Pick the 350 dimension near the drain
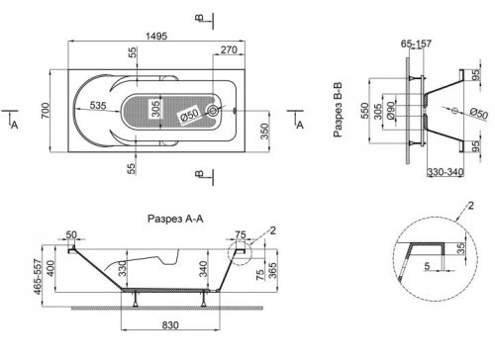(265, 130)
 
